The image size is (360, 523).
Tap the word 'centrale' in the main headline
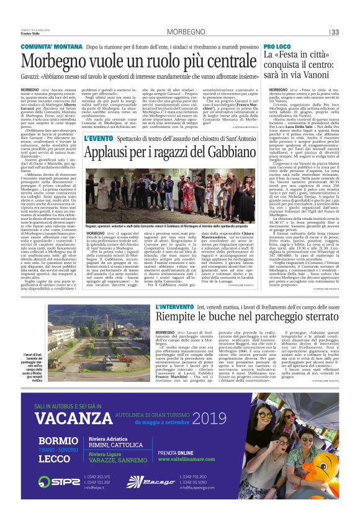[x=223, y=61]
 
